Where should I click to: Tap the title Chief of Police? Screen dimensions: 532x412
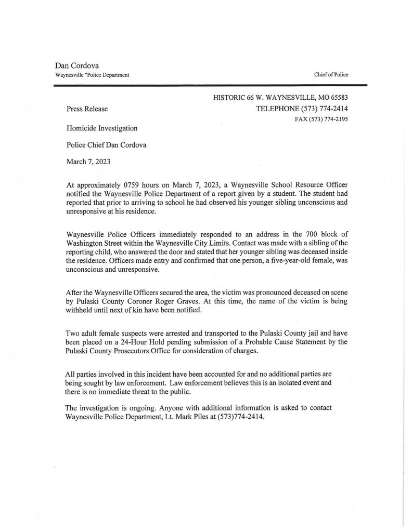pos(331,75)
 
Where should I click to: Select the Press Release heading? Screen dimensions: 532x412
pos(87,109)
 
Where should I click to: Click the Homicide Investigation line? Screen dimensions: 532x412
pos(102,127)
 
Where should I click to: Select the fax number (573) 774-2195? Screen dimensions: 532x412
pos(329,119)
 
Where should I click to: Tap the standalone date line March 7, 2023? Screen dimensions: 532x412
pos(88,162)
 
